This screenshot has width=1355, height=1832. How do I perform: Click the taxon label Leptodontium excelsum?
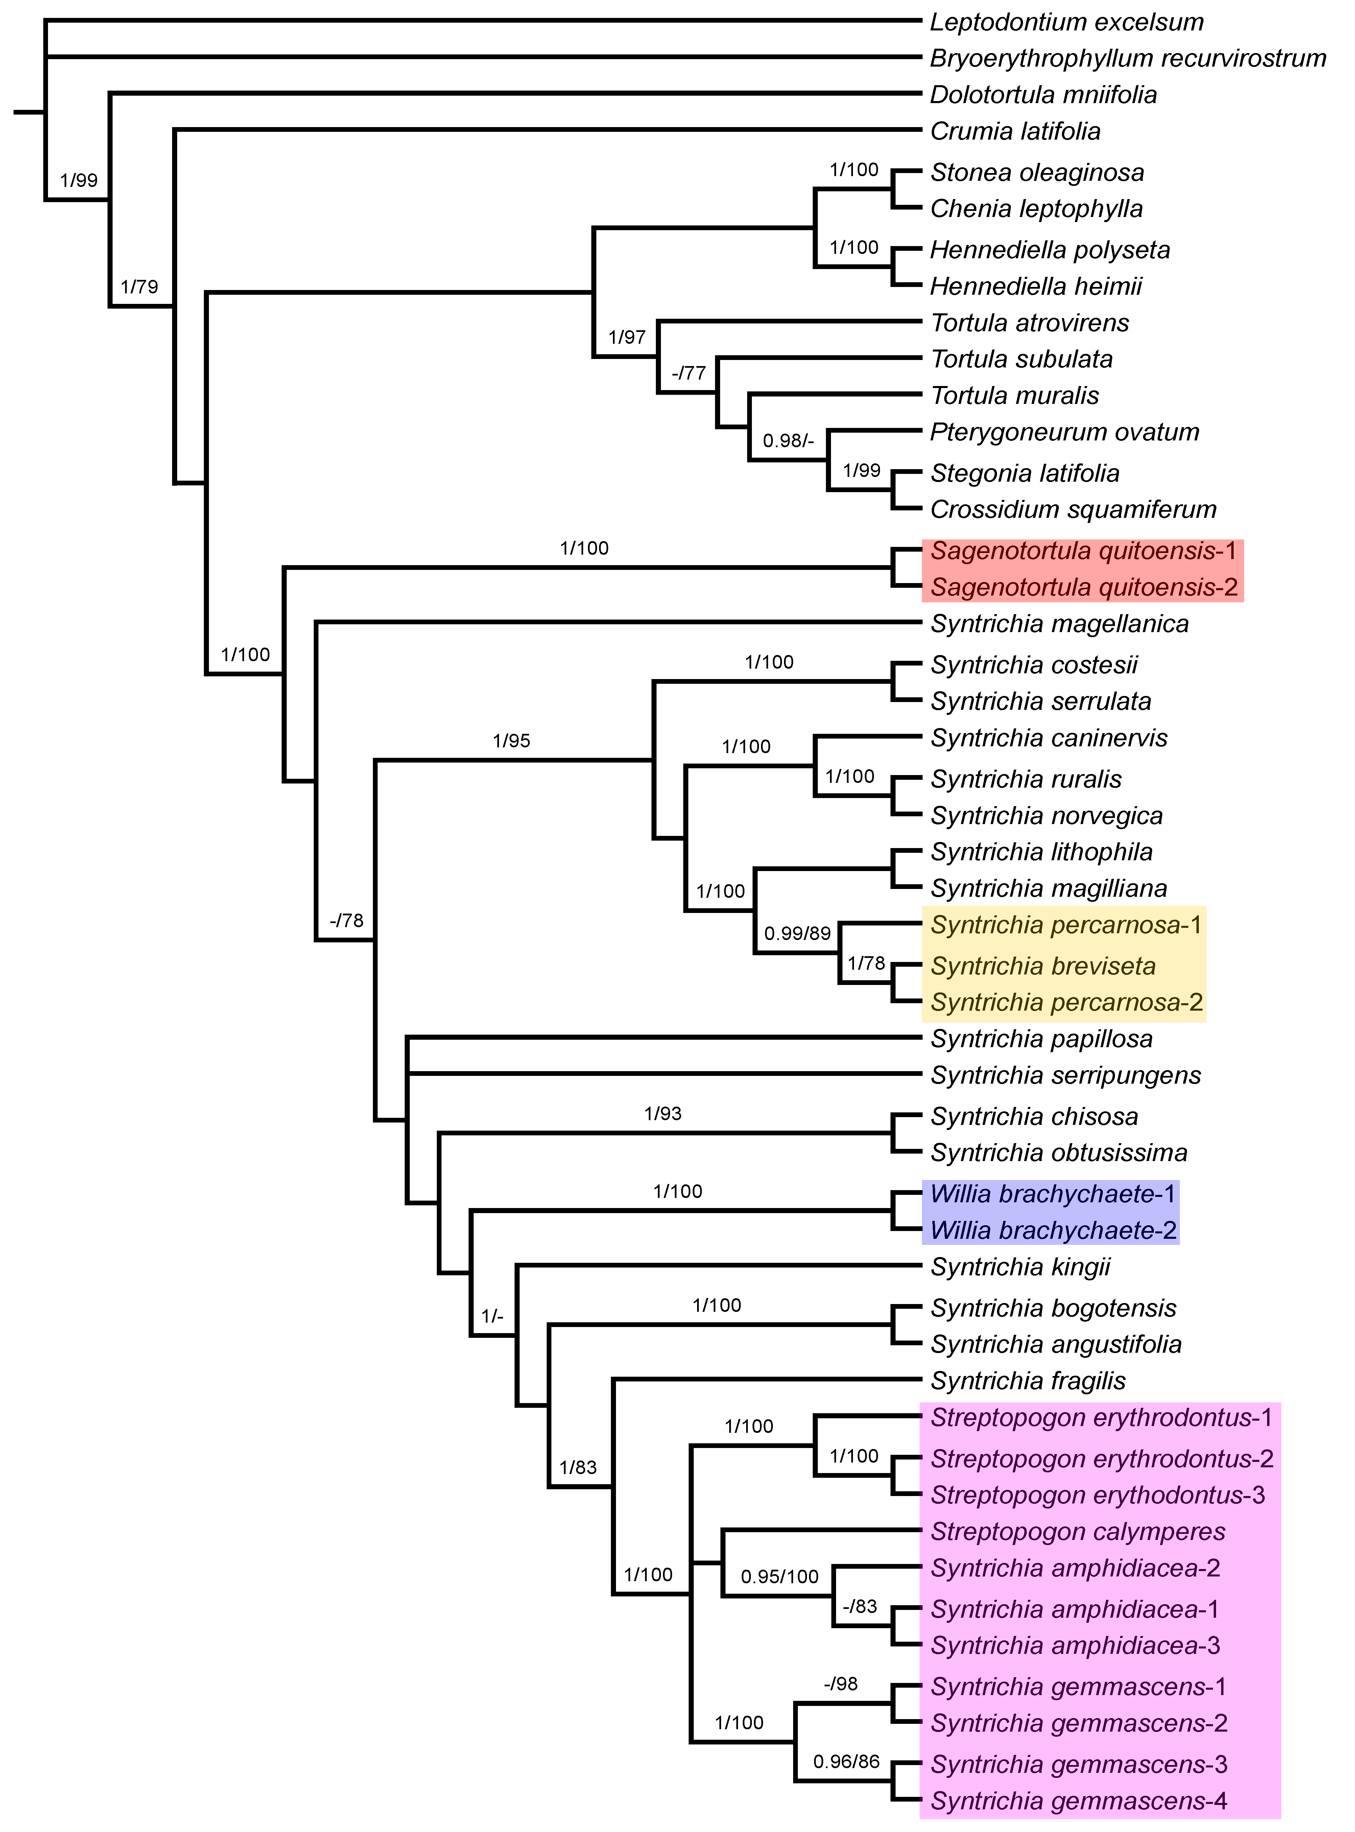(1066, 22)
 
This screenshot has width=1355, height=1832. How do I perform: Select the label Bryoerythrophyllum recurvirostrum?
(1128, 58)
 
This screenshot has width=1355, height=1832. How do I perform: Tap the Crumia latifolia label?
(1016, 131)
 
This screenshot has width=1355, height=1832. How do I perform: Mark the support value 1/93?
(663, 1114)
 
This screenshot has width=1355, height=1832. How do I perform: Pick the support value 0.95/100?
(779, 1576)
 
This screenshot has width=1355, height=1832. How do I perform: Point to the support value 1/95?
(511, 741)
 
